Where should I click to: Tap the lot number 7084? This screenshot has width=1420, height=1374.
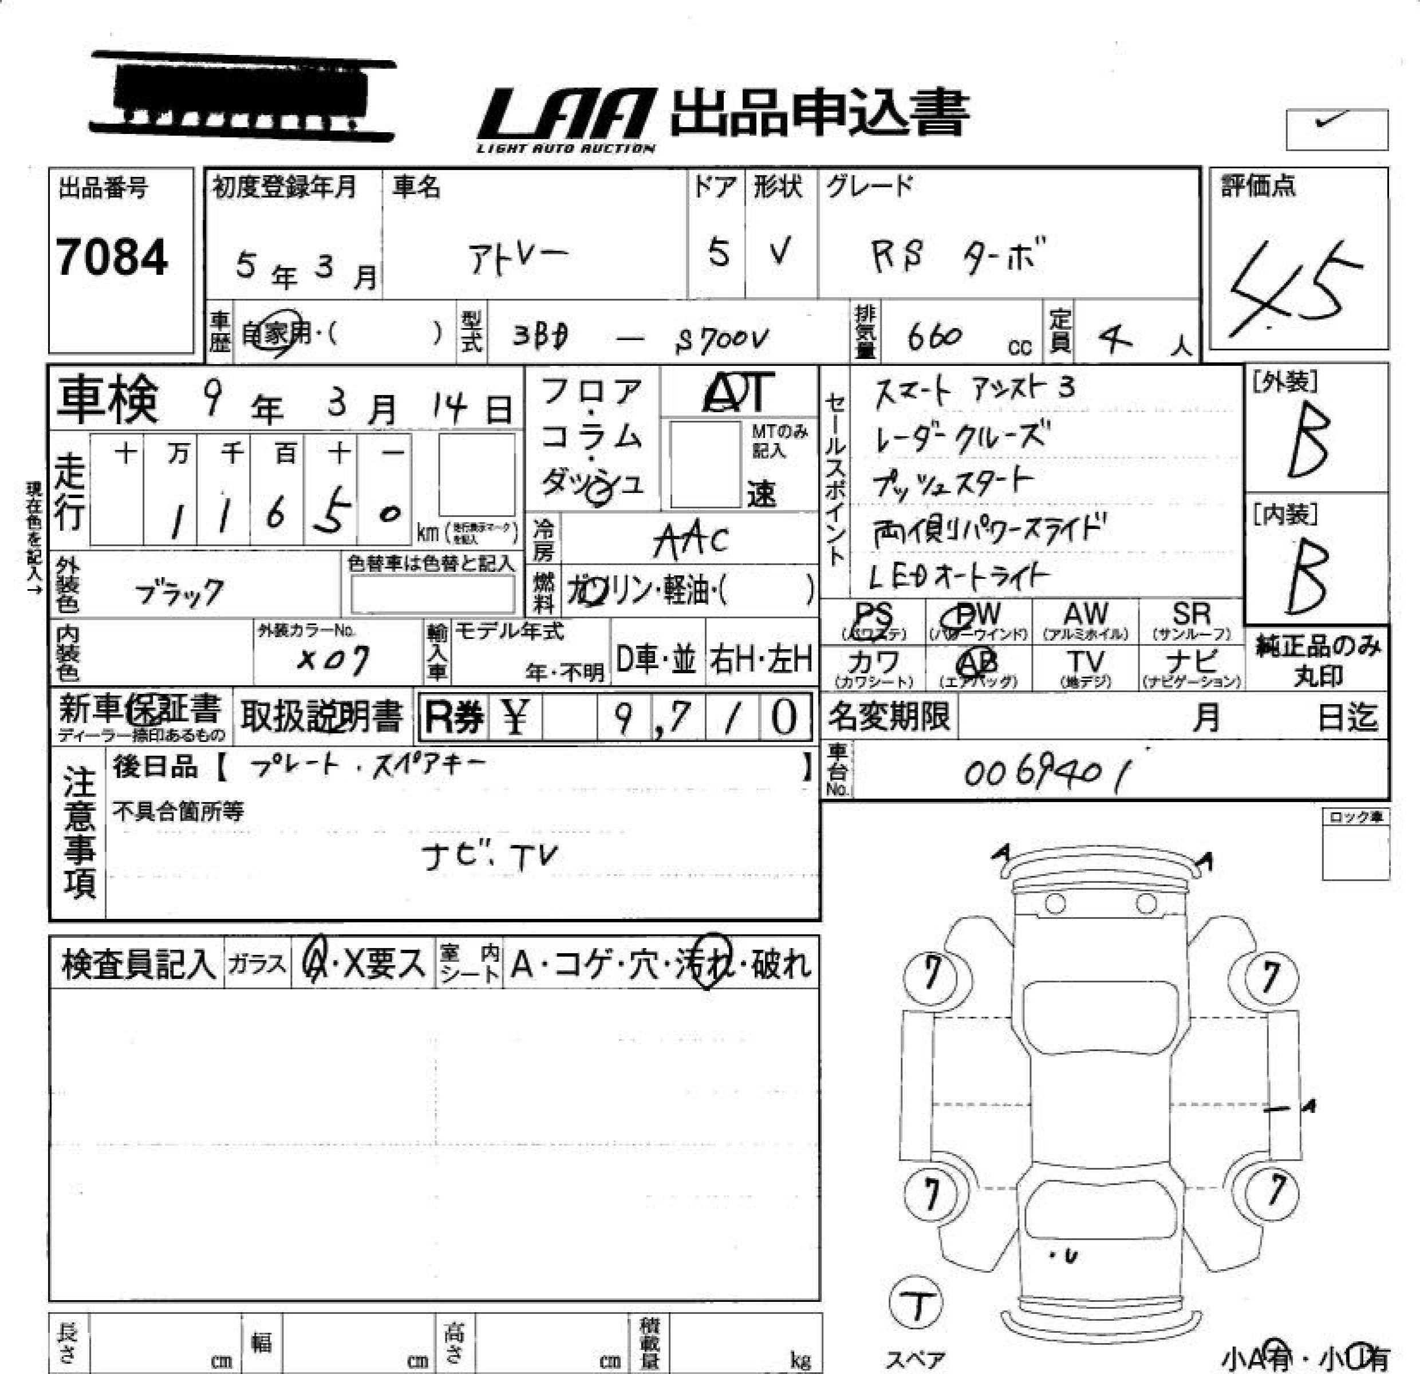(x=112, y=258)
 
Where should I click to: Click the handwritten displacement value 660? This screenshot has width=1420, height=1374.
(x=934, y=337)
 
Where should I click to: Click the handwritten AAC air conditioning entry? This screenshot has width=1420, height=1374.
(x=691, y=540)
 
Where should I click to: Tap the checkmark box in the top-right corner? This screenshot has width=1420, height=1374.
(x=1336, y=129)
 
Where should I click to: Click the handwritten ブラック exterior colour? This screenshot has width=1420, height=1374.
(x=179, y=593)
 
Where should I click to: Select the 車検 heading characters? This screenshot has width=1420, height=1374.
(x=107, y=399)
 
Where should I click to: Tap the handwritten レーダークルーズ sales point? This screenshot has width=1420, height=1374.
(x=961, y=437)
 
